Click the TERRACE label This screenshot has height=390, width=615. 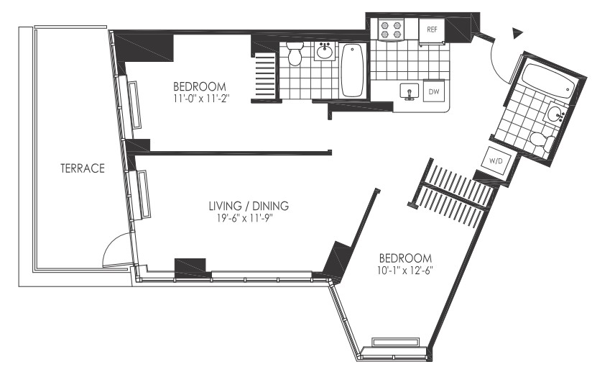(x=83, y=168)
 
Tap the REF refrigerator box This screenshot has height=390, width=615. (x=432, y=30)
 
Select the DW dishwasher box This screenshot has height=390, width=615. (x=434, y=91)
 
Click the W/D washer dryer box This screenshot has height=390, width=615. (x=496, y=160)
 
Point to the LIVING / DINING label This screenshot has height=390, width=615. (x=249, y=206)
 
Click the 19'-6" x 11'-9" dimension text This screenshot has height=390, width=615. (x=244, y=218)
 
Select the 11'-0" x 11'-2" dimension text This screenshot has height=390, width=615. (x=201, y=98)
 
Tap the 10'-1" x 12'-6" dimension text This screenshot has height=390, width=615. (x=404, y=271)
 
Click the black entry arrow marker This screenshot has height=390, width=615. (x=518, y=34)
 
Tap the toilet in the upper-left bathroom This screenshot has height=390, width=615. (x=294, y=53)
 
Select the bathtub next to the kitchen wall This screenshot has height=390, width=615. (x=351, y=70)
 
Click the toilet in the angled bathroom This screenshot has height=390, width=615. (x=542, y=141)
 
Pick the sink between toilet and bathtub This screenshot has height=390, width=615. (x=325, y=51)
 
